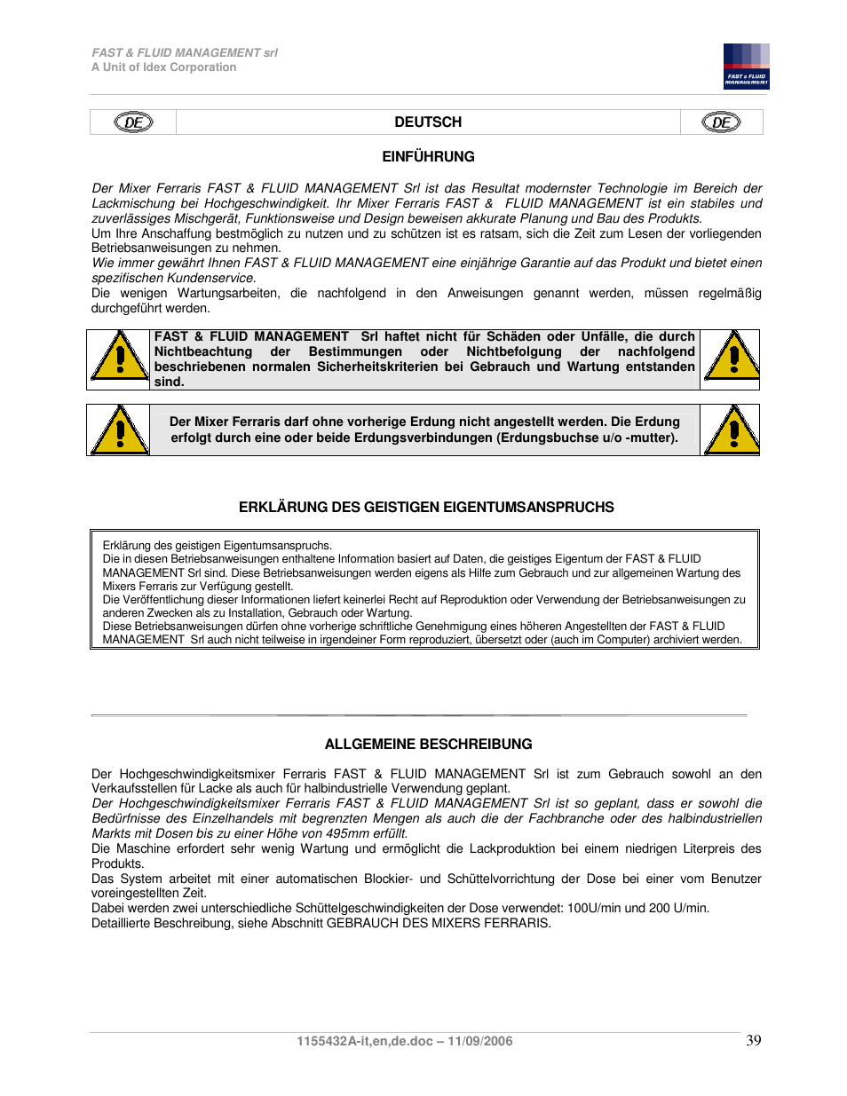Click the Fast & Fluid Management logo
click(746, 67)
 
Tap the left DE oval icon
click(133, 122)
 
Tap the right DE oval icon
click(721, 122)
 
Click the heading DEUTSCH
click(428, 122)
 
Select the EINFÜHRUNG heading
click(428, 157)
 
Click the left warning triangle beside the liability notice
click(118, 356)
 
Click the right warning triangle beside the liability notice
click(732, 356)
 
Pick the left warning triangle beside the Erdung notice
click(118, 430)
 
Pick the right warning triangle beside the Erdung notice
click(732, 430)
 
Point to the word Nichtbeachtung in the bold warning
click(203, 352)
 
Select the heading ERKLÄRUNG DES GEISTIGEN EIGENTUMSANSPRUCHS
click(426, 508)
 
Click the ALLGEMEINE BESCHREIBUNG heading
click(428, 745)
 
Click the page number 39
click(753, 1041)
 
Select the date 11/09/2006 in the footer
click(479, 1042)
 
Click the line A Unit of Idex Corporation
click(164, 67)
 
